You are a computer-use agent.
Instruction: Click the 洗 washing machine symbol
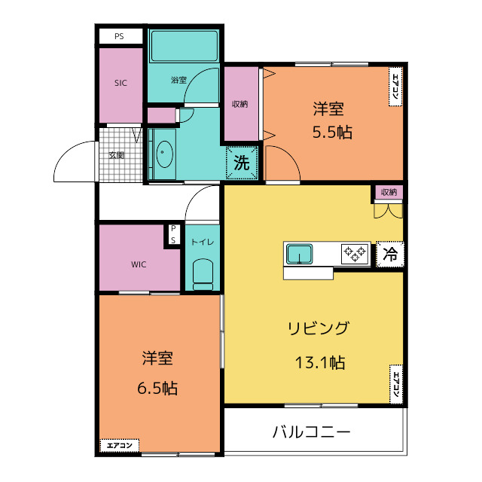coord(242,162)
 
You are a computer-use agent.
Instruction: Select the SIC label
coord(120,84)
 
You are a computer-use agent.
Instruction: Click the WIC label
coord(139,264)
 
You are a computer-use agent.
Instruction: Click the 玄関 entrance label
coord(116,155)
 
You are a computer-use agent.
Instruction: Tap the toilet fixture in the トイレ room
coord(203,274)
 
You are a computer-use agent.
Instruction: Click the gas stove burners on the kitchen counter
coord(355,253)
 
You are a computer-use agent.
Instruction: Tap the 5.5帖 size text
coord(332,132)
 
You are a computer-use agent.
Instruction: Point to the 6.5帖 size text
coord(157,389)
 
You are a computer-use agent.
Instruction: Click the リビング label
coord(318,328)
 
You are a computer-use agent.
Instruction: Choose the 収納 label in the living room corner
coord(389,193)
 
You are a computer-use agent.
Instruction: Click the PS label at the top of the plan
coord(119,35)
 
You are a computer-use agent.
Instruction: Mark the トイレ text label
coord(202,242)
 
